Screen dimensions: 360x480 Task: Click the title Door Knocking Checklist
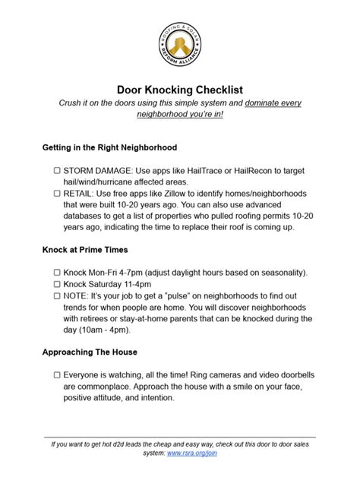point(179,89)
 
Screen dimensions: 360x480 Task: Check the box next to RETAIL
point(57,194)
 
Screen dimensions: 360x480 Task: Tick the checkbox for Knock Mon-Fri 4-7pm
point(57,272)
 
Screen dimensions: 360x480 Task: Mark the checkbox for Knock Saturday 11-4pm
point(57,285)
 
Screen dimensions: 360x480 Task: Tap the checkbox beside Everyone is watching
point(57,375)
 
